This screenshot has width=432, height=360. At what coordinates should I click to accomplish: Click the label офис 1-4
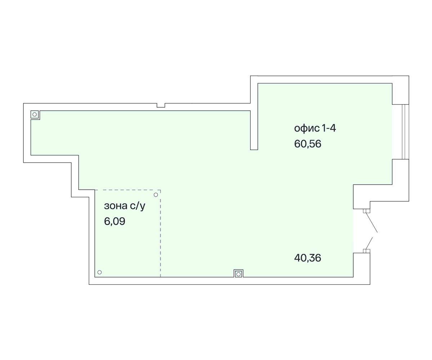point(315,129)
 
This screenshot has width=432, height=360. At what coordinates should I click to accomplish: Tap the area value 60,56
point(308,144)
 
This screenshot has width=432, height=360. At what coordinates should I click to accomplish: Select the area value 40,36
point(308,258)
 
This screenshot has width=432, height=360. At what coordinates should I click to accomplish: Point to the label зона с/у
point(125,206)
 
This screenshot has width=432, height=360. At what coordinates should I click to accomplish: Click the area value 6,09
point(114,221)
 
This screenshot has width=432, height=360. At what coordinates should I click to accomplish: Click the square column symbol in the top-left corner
point(35,114)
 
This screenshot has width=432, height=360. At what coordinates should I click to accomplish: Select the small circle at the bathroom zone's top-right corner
point(156,195)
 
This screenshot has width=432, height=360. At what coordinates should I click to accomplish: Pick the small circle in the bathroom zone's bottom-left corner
point(99,272)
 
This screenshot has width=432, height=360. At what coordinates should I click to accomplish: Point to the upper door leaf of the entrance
point(372,222)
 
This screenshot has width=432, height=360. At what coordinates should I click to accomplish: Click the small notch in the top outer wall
point(161,105)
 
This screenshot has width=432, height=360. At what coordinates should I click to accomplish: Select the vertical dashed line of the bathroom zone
point(161,233)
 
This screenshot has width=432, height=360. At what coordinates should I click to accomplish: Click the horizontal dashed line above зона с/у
point(128,190)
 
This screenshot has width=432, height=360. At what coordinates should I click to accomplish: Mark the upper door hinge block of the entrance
point(366,211)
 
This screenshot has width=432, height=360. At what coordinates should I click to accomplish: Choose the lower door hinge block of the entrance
point(366,251)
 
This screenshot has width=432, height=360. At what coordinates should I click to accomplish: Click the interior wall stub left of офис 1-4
point(254,130)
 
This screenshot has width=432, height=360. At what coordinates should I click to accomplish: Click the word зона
point(116,206)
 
